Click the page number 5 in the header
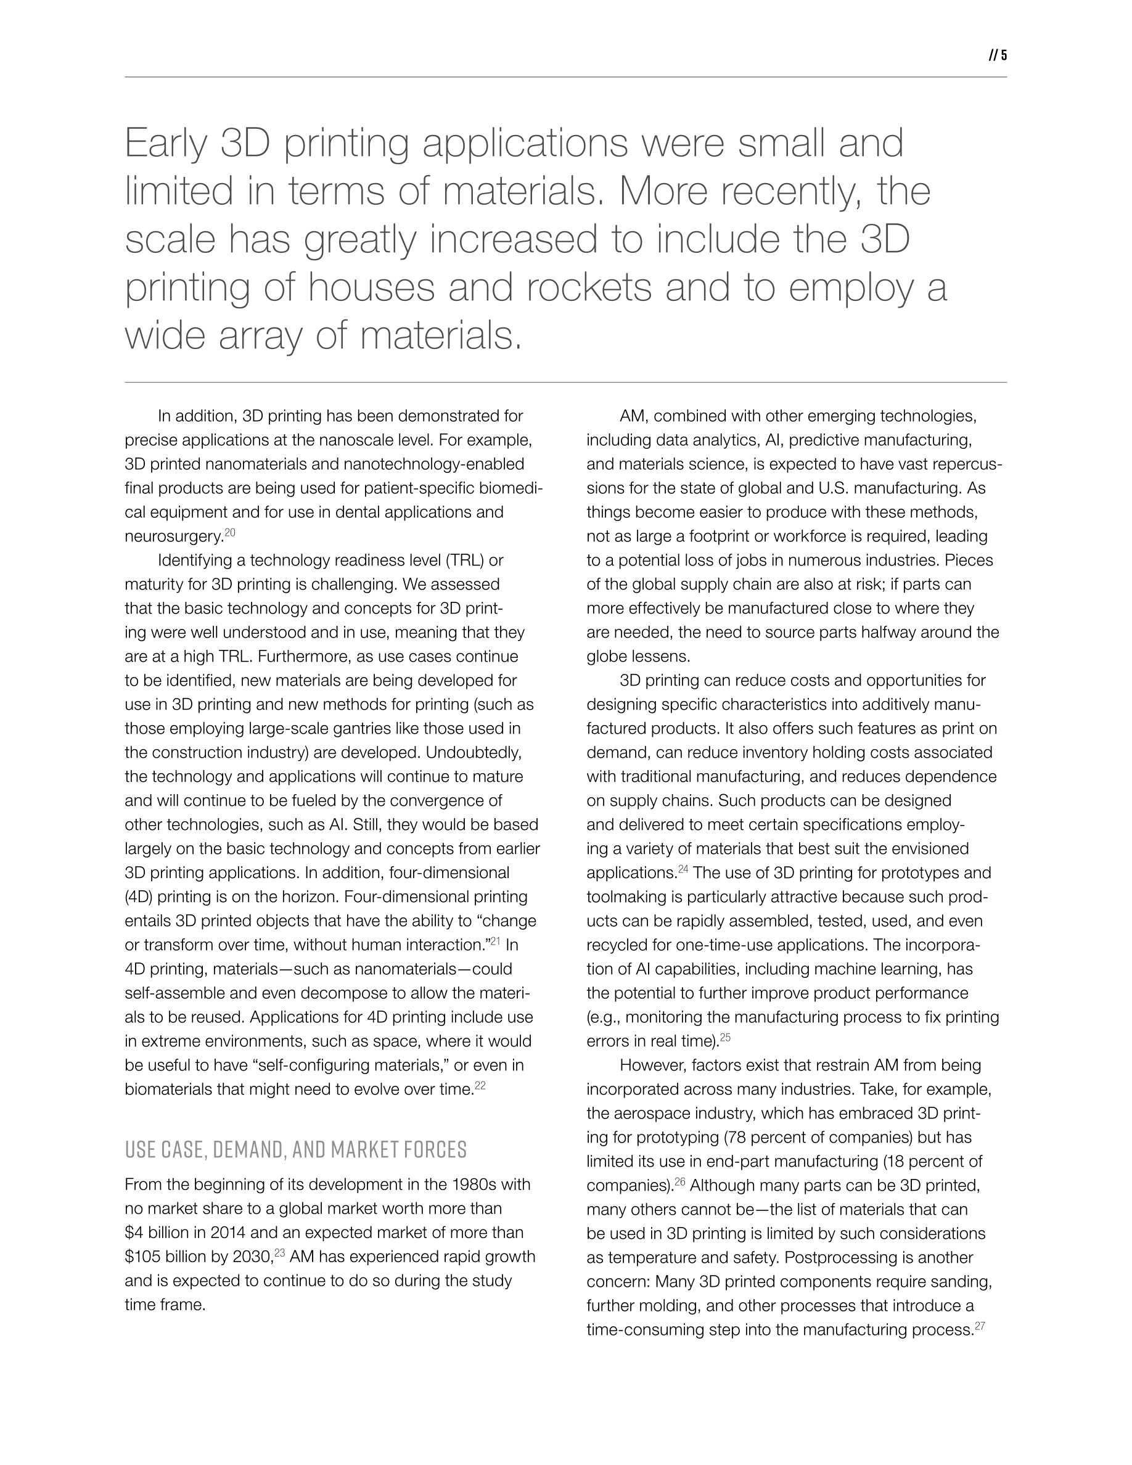1004,55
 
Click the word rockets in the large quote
588,287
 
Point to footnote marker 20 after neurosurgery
230,533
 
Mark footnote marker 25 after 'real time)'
725,1038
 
